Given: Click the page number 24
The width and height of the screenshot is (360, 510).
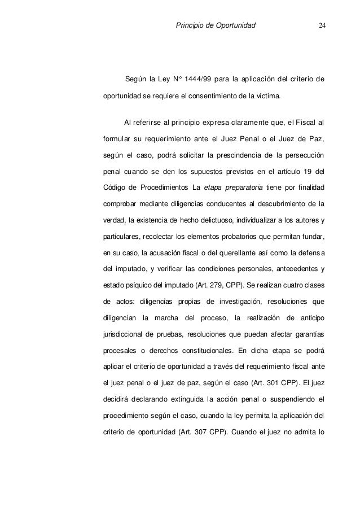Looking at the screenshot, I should click(322, 25).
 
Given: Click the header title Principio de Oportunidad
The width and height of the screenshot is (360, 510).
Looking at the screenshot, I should click(216, 25).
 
